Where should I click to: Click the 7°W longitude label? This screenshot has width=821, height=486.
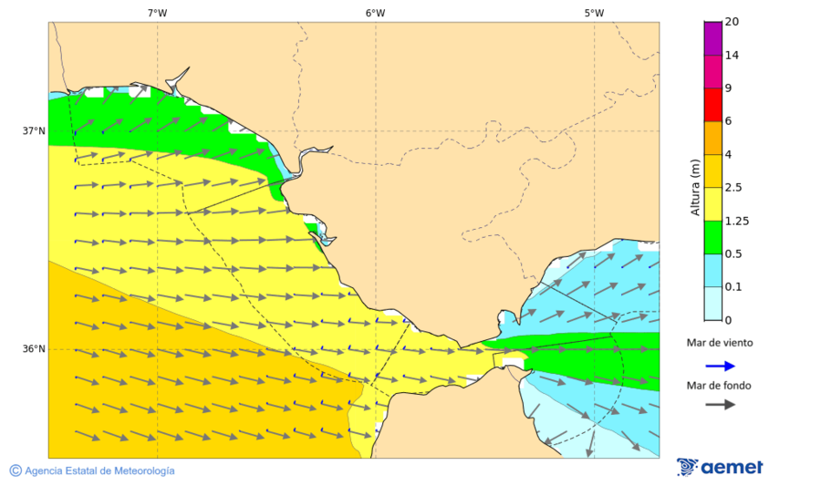[157, 13]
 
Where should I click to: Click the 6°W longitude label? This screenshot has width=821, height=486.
[375, 13]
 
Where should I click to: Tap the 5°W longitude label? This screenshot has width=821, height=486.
[594, 13]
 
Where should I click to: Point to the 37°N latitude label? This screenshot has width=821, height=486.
[34, 130]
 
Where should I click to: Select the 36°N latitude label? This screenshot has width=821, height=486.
[34, 349]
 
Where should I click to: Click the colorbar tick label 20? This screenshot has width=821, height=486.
[732, 22]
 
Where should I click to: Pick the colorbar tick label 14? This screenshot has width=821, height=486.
[732, 55]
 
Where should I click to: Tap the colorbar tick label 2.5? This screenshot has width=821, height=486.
[733, 187]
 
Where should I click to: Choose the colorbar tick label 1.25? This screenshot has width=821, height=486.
[736, 221]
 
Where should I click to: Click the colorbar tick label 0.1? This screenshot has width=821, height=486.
[733, 286]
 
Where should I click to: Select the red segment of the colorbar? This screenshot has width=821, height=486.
[712, 104]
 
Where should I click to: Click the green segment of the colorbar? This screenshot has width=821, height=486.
[712, 236]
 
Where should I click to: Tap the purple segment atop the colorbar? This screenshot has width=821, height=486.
[712, 38]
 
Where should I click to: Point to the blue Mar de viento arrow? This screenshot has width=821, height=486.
[720, 367]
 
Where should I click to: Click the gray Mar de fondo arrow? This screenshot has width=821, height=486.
[720, 404]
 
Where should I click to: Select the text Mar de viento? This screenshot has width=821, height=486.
[720, 343]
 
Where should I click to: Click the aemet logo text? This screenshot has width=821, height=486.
[732, 468]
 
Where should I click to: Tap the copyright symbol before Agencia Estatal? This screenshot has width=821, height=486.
[16, 470]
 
